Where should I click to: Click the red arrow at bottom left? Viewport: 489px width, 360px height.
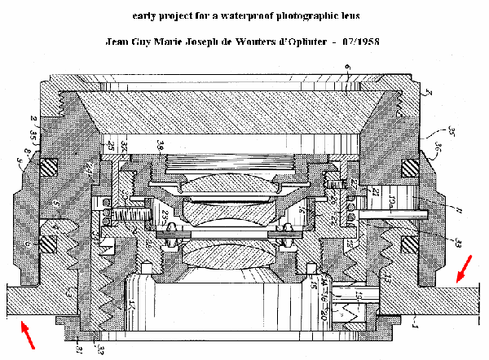point(26,335)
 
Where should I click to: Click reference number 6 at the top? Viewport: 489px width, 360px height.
point(348,67)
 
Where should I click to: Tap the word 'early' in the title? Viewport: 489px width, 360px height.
point(145,16)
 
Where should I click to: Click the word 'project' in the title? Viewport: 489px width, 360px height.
point(177,16)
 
